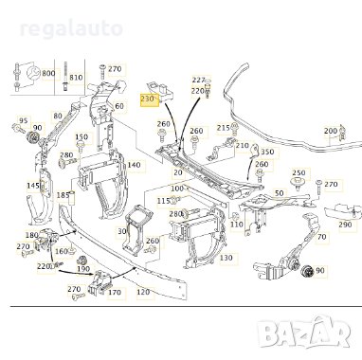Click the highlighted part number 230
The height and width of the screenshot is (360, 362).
147,99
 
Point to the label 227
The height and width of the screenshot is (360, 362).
198,81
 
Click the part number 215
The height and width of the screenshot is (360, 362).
223,127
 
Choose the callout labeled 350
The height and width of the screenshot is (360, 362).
267,152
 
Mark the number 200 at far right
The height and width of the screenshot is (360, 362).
330,131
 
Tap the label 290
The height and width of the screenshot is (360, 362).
345,225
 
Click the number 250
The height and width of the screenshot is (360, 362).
299,173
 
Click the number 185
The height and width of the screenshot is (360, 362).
63,196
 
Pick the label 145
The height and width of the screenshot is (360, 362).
33,186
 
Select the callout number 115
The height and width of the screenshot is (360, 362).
163,201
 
